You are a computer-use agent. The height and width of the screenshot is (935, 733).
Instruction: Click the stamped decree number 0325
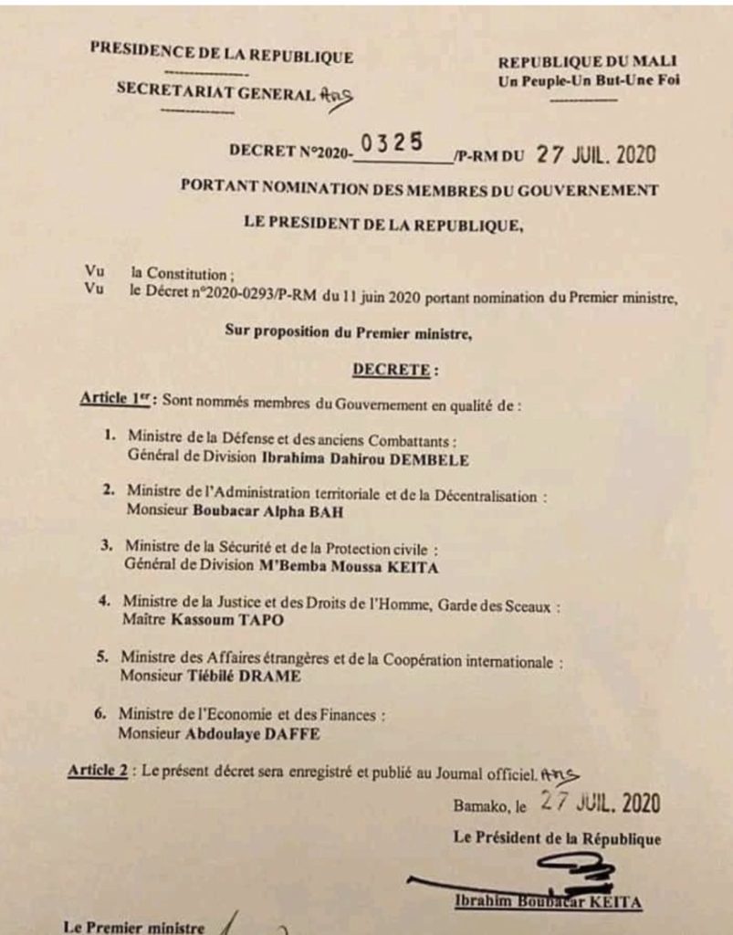click(x=392, y=143)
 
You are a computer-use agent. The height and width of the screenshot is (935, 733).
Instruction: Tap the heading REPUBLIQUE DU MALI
click(x=587, y=62)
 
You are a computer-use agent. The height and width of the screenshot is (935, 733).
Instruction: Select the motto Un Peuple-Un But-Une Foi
click(x=589, y=80)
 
